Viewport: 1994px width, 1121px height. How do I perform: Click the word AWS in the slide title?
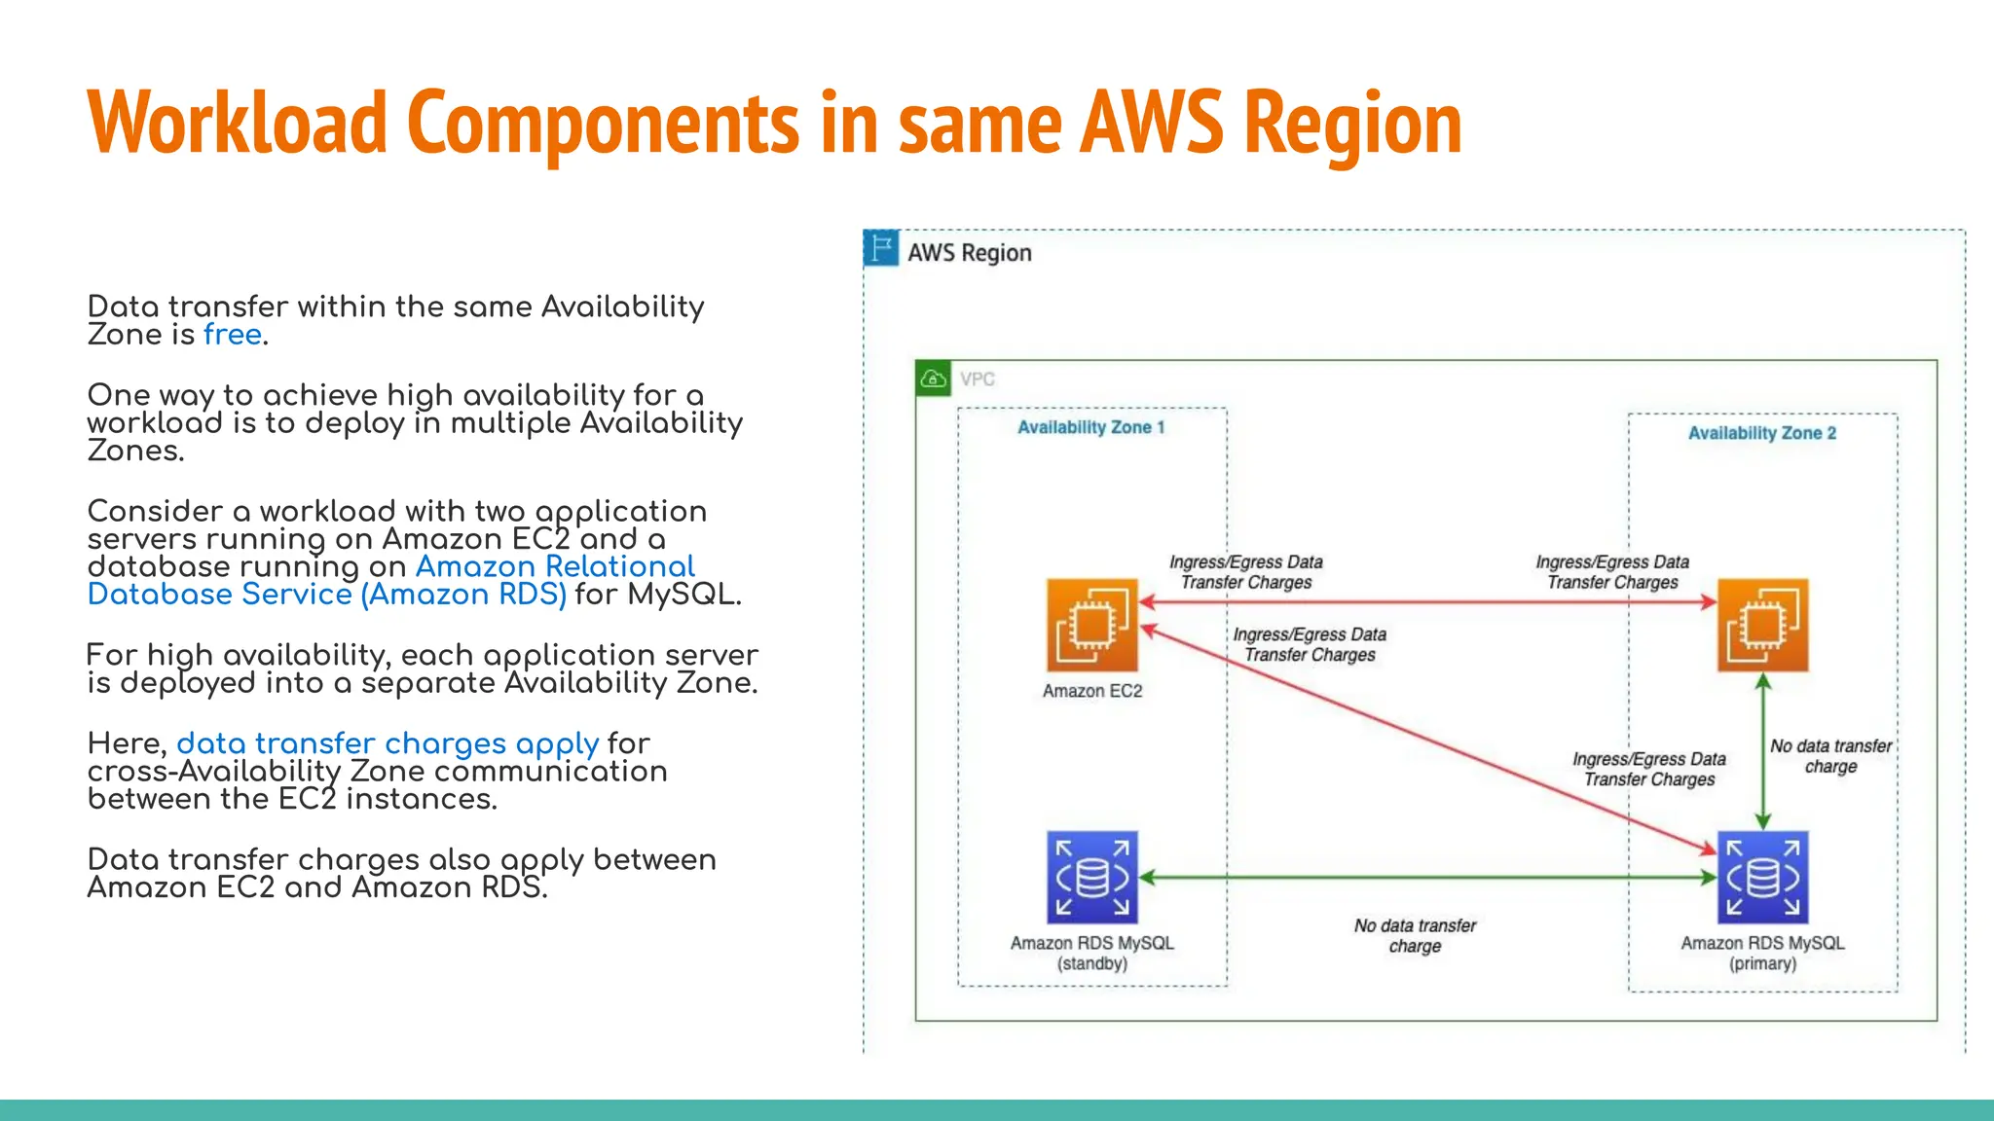pyautogui.click(x=1151, y=124)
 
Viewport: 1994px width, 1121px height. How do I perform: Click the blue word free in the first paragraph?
pyautogui.click(x=233, y=335)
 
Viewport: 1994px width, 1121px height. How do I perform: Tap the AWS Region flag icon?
pyautogui.click(x=881, y=249)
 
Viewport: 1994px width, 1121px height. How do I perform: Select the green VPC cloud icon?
pyautogui.click(x=933, y=379)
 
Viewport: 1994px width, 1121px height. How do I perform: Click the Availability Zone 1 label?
pyautogui.click(x=1090, y=427)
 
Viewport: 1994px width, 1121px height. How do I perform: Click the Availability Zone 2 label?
pyautogui.click(x=1761, y=433)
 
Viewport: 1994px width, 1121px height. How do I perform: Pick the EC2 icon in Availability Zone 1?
pyautogui.click(x=1091, y=625)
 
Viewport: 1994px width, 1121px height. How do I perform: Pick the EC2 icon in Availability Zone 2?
pyautogui.click(x=1762, y=625)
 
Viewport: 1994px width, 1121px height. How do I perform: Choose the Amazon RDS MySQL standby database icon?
pyautogui.click(x=1091, y=877)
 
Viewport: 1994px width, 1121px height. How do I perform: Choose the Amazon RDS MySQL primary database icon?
pyautogui.click(x=1762, y=877)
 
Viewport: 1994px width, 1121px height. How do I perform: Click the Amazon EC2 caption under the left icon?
pyautogui.click(x=1091, y=691)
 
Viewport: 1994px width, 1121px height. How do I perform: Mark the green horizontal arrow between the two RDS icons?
pyautogui.click(x=1427, y=877)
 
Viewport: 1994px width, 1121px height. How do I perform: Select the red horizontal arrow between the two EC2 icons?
pyautogui.click(x=1427, y=602)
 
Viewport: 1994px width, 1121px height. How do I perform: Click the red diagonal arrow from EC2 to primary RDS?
pyautogui.click(x=1427, y=741)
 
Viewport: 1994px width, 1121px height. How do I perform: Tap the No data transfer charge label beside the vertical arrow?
pyautogui.click(x=1830, y=756)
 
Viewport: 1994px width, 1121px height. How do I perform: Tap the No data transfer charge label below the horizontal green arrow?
pyautogui.click(x=1415, y=935)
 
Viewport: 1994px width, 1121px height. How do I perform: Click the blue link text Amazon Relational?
pyautogui.click(x=555, y=566)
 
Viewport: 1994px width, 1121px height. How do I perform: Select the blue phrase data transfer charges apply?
pyautogui.click(x=388, y=743)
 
